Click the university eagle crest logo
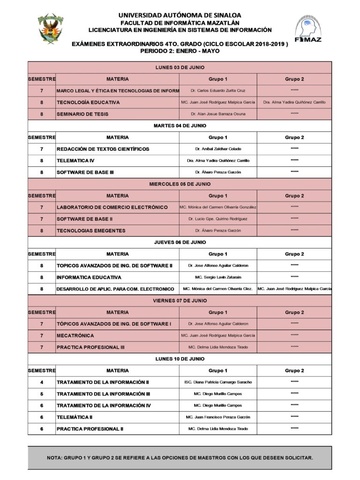click(x=50, y=30)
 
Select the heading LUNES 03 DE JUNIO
click(x=180, y=67)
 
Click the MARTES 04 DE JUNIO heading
click(x=180, y=126)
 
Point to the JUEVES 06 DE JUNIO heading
click(x=180, y=242)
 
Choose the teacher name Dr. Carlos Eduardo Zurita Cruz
click(x=218, y=90)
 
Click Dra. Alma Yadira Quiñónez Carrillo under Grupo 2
click(x=294, y=102)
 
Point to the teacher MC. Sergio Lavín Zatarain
click(x=218, y=277)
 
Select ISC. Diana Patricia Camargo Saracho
click(x=218, y=382)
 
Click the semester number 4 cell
click(x=42, y=382)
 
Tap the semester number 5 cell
click(x=42, y=394)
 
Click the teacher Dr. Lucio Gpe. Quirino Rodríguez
click(x=218, y=219)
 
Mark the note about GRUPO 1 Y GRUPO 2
click(x=180, y=457)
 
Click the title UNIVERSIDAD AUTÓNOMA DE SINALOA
click(x=180, y=15)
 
